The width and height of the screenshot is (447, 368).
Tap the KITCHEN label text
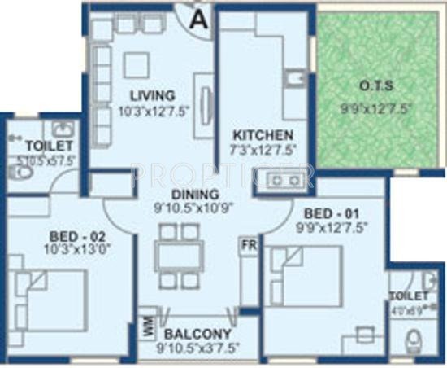coord(258,134)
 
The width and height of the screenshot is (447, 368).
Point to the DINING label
coord(194,195)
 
